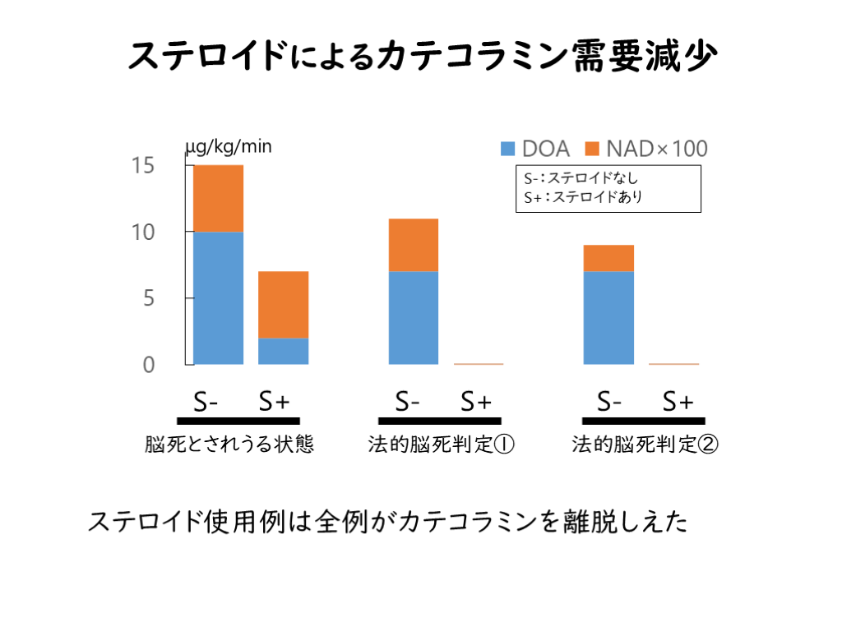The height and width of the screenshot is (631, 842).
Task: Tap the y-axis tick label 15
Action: tap(142, 165)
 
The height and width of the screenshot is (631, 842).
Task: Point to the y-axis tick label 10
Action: tap(142, 232)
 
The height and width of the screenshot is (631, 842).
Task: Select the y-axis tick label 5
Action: tap(148, 298)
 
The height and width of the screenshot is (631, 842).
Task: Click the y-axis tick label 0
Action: tap(148, 365)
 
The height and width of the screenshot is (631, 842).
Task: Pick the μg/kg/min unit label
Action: tap(229, 147)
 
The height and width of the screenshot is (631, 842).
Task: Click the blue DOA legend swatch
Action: tap(508, 149)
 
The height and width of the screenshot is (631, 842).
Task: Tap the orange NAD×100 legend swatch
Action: tap(592, 149)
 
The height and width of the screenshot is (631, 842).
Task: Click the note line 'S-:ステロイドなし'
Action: tap(581, 177)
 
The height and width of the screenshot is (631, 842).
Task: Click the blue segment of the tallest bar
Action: tap(218, 297)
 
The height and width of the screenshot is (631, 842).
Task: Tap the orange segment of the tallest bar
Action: tap(218, 198)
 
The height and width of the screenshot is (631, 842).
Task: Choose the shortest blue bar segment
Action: tap(284, 351)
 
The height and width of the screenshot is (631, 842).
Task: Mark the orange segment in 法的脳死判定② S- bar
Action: tap(608, 258)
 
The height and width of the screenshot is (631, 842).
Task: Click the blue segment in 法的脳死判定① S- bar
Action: tap(413, 317)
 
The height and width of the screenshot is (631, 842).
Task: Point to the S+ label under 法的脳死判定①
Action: tap(475, 402)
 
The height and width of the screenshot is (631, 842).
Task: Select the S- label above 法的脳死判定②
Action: tap(609, 402)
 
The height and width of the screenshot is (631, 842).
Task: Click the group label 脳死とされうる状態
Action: tap(229, 445)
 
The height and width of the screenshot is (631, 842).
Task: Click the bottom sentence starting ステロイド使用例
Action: tap(387, 523)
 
